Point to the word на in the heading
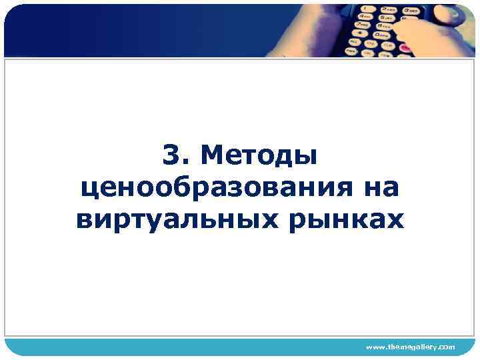379,187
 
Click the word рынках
346,218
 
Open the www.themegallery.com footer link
410,347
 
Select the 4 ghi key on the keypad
365,17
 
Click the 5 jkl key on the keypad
387,19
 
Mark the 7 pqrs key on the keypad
362,25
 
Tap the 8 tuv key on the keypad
384,27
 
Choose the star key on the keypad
360,33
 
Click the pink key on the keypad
405,48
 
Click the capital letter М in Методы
212,157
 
